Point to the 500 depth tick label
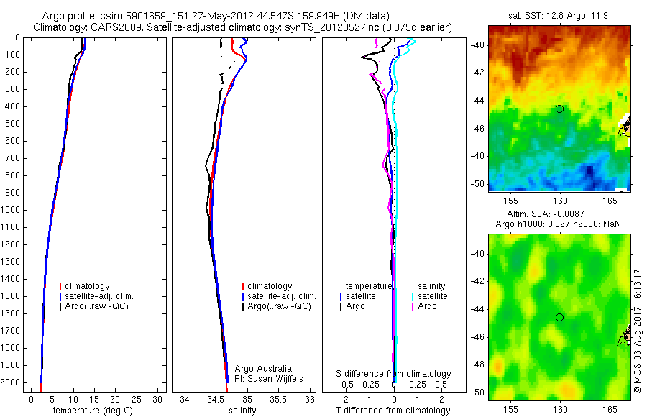point(11,124)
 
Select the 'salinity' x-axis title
point(241,411)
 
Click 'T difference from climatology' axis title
point(393,411)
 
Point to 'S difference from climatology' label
point(393,374)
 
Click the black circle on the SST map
point(559,109)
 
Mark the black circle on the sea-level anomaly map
point(559,317)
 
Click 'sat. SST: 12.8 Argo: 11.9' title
point(559,16)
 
